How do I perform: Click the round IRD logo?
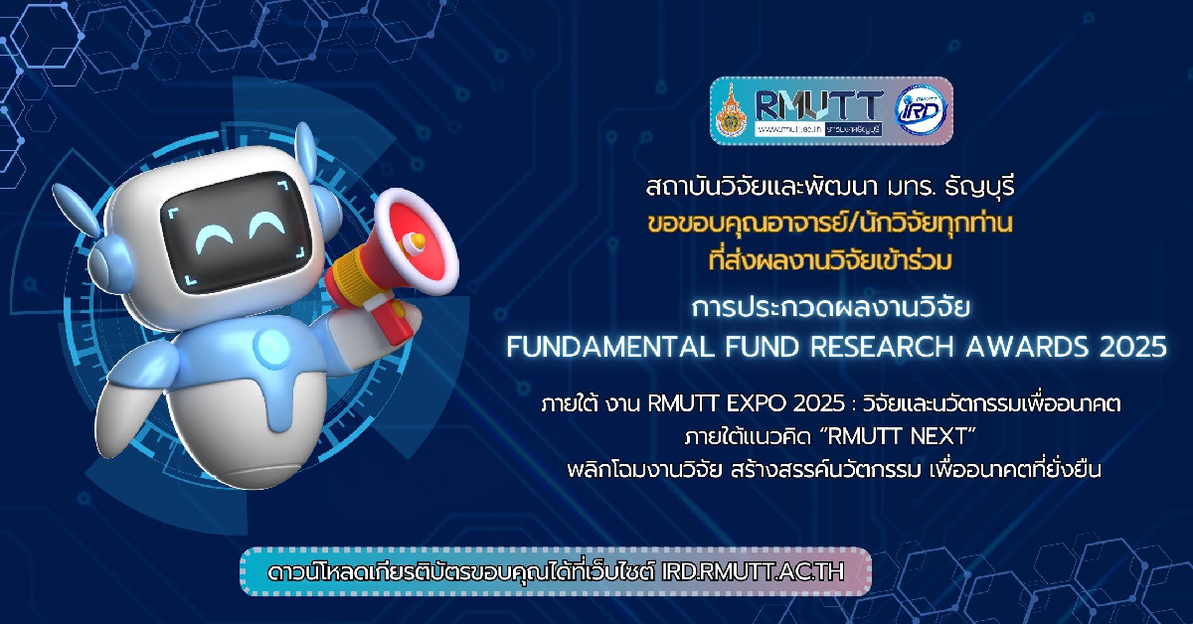coord(921,110)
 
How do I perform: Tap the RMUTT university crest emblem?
coord(732,110)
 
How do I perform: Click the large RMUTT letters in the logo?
coord(818,105)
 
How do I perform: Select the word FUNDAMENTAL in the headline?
coord(610,347)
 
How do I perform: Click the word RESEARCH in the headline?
coord(883,347)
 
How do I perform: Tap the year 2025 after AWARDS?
coord(1133,347)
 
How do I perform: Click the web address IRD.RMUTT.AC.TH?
coord(753,571)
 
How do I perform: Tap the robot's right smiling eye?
coord(267,225)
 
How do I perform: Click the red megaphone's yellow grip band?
coord(354,274)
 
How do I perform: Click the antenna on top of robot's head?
coord(306,145)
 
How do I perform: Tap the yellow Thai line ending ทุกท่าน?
coord(830,224)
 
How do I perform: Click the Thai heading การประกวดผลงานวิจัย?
coord(830,307)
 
